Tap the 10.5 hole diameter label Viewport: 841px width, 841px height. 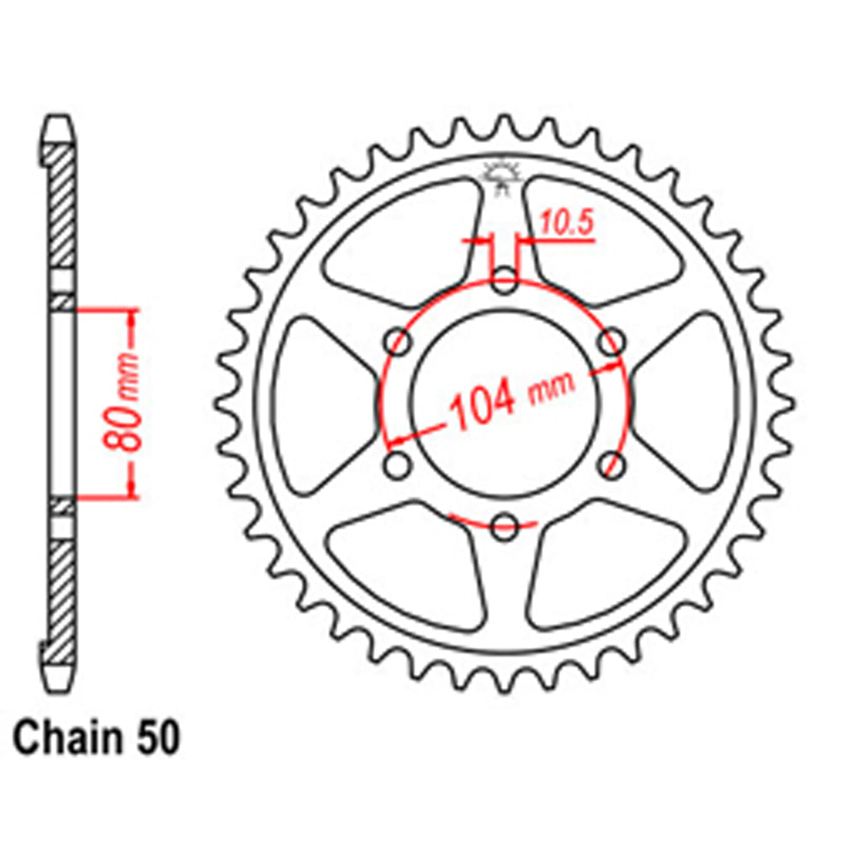(x=565, y=224)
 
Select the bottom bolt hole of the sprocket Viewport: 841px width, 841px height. (x=504, y=528)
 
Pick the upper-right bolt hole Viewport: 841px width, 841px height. (x=612, y=342)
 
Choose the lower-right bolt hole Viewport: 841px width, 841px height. (x=612, y=466)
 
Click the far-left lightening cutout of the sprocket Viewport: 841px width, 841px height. (x=316, y=404)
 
